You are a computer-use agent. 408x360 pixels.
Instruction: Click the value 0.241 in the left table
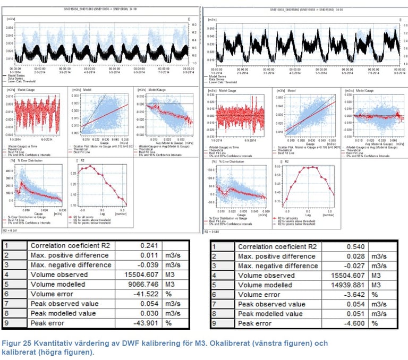click(151, 246)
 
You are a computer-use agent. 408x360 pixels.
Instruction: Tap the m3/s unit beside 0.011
click(173, 256)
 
